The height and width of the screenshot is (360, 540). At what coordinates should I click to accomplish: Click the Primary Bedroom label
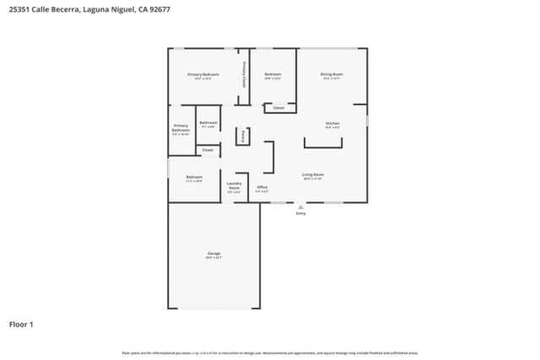tap(202, 75)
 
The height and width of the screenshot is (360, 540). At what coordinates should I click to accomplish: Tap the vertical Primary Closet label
tap(244, 75)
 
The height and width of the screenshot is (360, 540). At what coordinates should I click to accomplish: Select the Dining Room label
tap(332, 75)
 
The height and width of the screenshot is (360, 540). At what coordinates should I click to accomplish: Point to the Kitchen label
tap(332, 124)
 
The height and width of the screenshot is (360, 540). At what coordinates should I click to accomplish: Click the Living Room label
tap(313, 175)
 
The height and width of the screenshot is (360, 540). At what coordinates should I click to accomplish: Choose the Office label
tap(262, 187)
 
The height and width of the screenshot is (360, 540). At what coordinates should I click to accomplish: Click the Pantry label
tap(242, 135)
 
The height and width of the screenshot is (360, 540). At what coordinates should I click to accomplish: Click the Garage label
tap(214, 253)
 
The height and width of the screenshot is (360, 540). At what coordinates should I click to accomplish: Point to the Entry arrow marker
tap(300, 206)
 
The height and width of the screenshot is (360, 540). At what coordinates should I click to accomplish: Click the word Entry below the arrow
tap(300, 213)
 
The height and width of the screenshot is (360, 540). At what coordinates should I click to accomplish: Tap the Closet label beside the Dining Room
tap(278, 108)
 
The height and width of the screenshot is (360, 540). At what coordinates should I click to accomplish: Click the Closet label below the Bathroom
tap(208, 150)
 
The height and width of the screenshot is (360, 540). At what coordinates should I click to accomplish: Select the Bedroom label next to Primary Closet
tap(273, 75)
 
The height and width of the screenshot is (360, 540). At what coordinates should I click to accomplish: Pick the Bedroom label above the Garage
tap(194, 177)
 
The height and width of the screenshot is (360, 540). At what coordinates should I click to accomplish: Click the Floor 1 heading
tap(22, 324)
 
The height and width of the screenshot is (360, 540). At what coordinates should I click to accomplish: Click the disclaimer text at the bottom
tap(270, 352)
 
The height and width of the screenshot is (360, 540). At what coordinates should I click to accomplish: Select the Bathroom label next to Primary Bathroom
tap(208, 123)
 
